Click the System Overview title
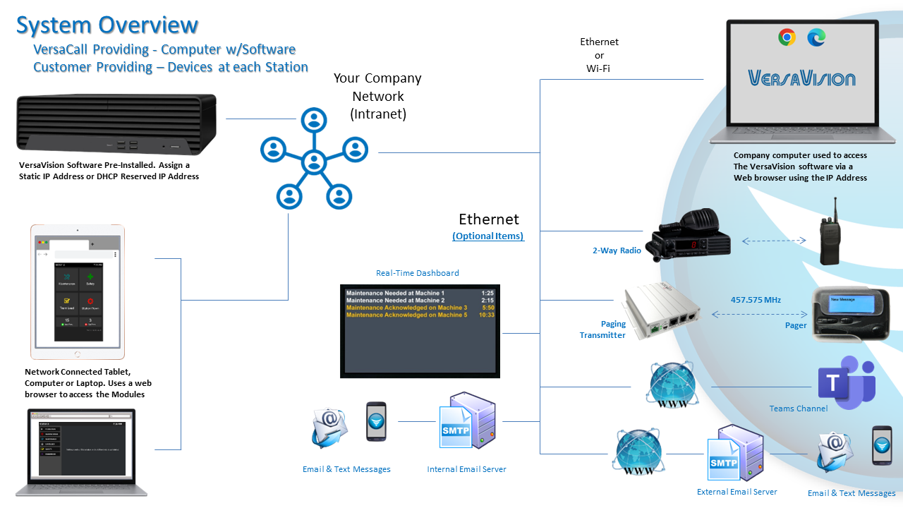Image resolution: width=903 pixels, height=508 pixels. [107, 25]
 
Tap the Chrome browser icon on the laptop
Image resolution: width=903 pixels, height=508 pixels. [787, 37]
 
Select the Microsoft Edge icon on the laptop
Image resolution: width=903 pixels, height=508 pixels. [817, 37]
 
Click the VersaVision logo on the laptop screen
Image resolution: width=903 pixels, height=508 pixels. [801, 78]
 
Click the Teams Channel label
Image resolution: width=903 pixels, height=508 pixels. [798, 409]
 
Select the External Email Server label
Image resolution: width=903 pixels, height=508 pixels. [737, 492]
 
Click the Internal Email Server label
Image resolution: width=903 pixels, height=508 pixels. [466, 469]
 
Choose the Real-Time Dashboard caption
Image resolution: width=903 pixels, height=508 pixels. [417, 273]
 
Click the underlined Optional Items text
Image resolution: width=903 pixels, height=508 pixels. [488, 236]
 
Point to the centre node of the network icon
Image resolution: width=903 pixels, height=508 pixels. [313, 162]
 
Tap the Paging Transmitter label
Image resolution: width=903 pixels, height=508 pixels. [603, 329]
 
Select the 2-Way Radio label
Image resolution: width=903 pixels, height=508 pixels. [617, 250]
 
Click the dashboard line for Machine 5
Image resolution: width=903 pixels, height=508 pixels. [406, 315]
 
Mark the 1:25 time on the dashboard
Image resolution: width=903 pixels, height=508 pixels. [487, 293]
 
